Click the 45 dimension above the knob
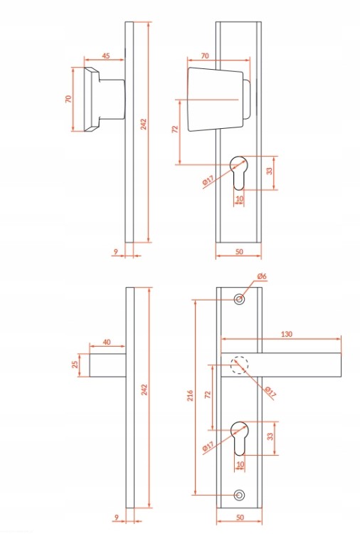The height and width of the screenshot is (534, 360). (106, 56)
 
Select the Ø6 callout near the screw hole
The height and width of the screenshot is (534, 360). (262, 276)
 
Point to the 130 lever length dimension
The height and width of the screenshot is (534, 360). (287, 334)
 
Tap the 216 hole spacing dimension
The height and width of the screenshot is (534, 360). (190, 395)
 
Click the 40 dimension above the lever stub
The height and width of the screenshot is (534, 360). (107, 342)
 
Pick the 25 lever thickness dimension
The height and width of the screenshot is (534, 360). (75, 365)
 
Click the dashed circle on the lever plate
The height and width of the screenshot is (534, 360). (240, 365)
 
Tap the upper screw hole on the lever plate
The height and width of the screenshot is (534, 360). (240, 299)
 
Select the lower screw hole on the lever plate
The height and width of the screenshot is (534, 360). (240, 495)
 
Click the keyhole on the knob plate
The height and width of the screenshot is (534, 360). (239, 173)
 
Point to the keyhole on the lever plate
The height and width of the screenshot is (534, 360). (239, 439)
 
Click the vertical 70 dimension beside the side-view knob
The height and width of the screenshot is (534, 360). (68, 99)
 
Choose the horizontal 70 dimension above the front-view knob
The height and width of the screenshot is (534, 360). (204, 56)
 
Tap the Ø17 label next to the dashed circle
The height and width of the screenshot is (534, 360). (270, 392)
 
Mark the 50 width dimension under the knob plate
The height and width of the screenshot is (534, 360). (239, 251)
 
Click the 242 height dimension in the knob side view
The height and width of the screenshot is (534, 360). (144, 124)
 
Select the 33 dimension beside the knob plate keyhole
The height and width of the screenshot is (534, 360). (270, 171)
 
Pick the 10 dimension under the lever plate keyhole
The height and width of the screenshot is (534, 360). (240, 464)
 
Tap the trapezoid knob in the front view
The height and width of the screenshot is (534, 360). (216, 99)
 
